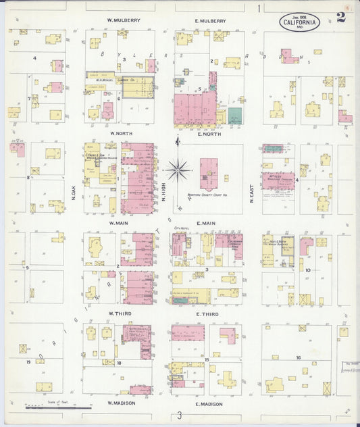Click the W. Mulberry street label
(124, 21)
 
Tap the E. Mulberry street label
(211, 21)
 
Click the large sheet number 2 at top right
(340, 17)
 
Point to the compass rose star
(177, 169)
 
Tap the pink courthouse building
(209, 174)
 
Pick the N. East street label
(251, 195)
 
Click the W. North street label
(122, 133)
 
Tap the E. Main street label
(206, 222)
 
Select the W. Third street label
(120, 314)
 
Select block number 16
(297, 357)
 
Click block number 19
(28, 362)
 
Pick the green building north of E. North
(234, 115)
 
